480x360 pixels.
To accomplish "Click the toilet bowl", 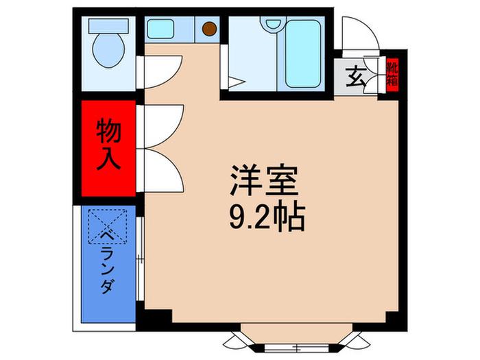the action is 108,50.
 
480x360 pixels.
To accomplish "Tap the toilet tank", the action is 108,26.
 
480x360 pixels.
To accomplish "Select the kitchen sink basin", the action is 160,29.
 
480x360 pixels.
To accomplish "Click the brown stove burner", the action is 209,29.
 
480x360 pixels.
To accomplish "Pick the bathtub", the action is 303,54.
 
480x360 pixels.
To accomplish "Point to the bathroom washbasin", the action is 273,23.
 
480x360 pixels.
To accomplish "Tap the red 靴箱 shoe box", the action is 392,75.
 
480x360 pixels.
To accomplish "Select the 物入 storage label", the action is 108,145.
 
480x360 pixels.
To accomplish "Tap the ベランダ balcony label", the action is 108,262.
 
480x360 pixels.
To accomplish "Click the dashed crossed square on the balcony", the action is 108,226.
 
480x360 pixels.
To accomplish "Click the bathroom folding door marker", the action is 237,82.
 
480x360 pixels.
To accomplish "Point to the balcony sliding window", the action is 140,259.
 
